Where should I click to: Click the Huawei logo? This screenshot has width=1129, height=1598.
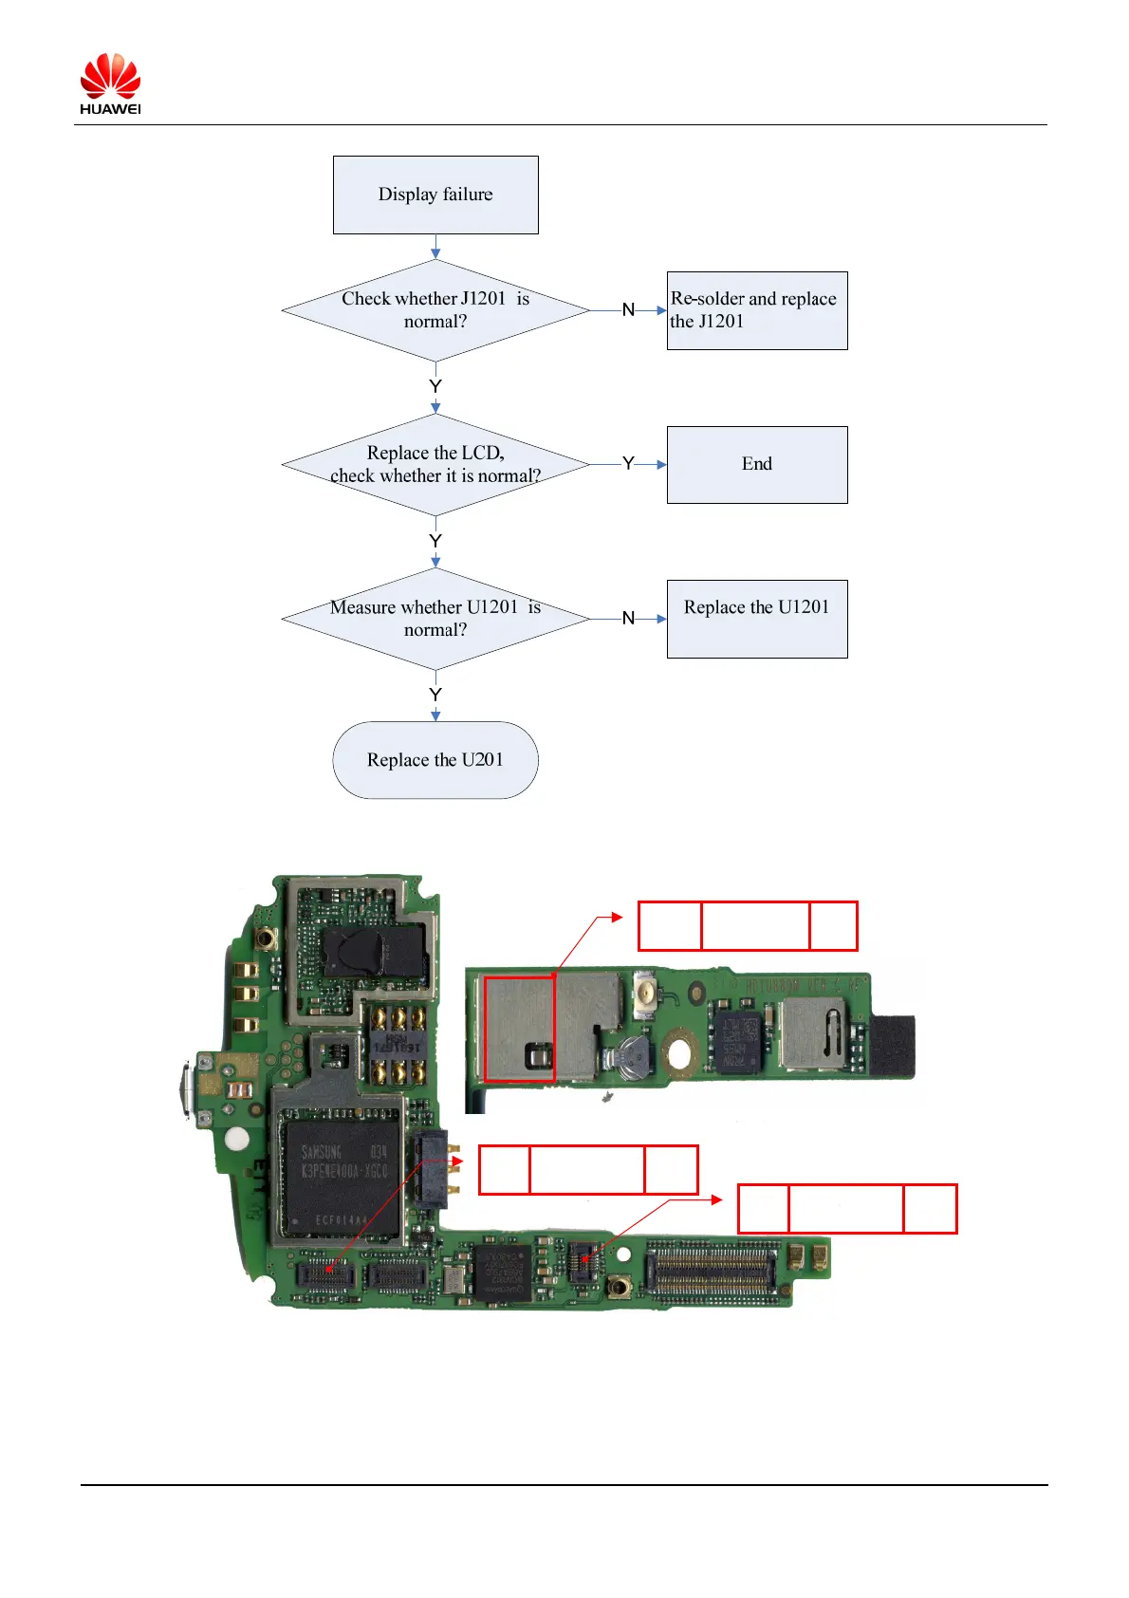point(110,84)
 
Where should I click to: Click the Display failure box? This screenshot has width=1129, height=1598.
point(435,195)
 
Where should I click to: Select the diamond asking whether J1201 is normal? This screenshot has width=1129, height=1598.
point(435,310)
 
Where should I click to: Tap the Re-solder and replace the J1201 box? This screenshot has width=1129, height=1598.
point(756,310)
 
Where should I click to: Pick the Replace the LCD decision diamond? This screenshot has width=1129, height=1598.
point(435,464)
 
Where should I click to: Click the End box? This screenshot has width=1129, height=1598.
point(756,464)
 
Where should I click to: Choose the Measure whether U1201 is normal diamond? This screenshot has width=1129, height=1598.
point(435,619)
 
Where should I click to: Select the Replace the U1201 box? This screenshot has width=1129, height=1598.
point(756,619)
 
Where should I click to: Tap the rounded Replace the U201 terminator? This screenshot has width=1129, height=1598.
point(435,760)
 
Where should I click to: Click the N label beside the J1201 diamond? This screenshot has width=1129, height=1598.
point(628,310)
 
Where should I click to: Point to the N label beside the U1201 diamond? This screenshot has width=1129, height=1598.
point(628,619)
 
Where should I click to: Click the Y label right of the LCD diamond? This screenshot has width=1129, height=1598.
point(628,464)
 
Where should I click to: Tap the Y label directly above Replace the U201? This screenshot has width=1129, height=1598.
point(435,696)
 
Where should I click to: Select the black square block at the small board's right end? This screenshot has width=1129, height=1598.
point(892,1046)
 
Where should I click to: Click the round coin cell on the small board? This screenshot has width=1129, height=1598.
point(631,1051)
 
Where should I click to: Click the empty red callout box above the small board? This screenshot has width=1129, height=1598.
point(748,926)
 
